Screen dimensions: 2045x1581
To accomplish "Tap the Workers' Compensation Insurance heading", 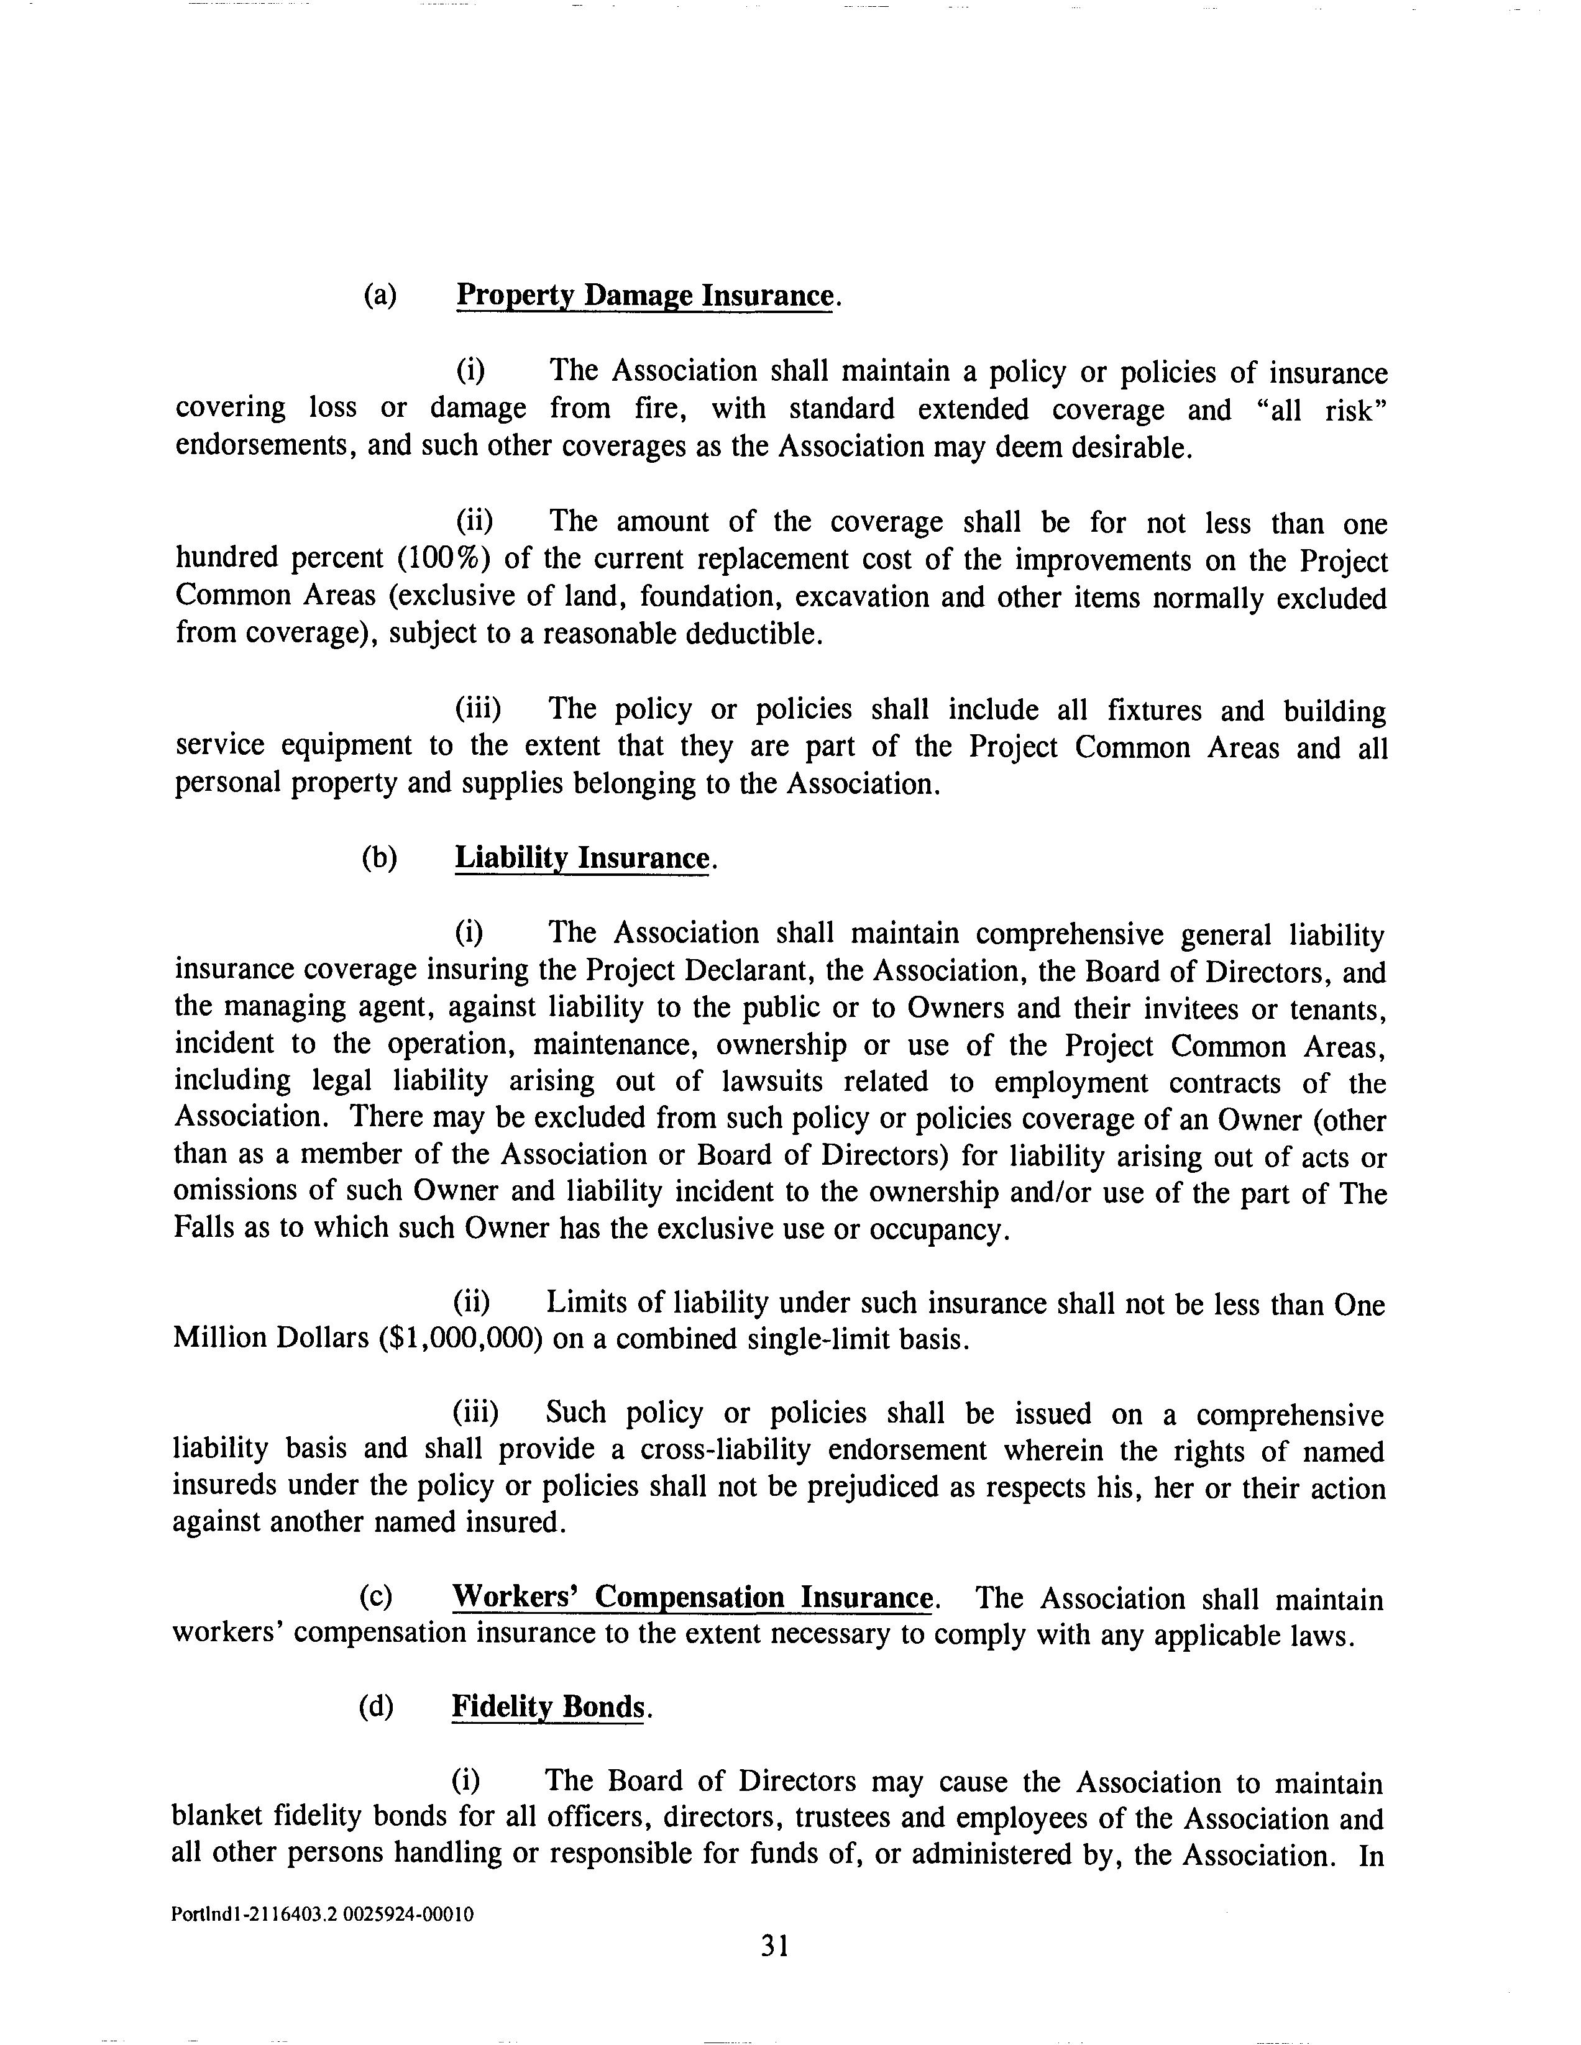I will pyautogui.click(x=692, y=1596).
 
